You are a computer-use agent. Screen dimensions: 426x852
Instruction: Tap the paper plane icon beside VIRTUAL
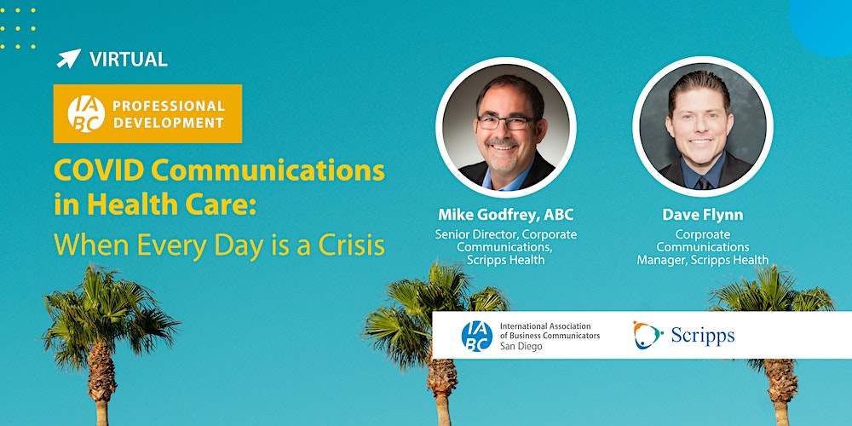(68, 59)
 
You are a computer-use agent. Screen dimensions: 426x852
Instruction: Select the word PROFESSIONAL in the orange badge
(169, 106)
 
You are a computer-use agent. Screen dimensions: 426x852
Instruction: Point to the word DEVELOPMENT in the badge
(168, 123)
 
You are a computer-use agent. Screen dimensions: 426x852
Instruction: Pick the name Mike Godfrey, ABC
(506, 214)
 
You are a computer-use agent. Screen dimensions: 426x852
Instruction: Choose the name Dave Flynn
(703, 214)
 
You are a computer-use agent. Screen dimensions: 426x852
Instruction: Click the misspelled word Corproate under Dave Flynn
(703, 233)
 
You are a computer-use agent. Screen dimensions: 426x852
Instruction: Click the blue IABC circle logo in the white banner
(476, 335)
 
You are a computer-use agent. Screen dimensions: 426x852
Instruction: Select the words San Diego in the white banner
(521, 347)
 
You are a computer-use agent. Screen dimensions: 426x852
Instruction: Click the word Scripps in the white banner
(701, 336)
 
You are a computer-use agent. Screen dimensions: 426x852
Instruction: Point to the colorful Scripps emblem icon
(648, 335)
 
